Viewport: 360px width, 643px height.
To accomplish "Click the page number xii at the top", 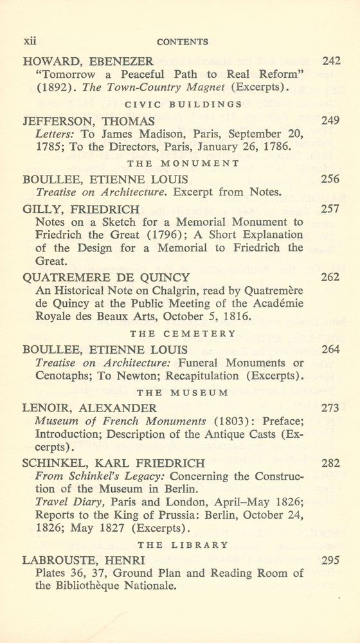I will coord(30,41).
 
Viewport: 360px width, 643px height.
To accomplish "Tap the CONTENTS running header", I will coord(183,42).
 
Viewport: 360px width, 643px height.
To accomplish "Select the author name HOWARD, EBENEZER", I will coord(87,62).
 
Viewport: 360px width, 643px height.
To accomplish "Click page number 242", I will coord(330,62).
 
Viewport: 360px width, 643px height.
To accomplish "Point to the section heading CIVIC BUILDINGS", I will coord(183,104).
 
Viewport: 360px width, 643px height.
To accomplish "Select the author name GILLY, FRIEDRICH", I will coord(80,209).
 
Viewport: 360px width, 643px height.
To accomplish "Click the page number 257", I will coord(330,209).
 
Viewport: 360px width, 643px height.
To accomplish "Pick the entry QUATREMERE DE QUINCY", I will coord(106,278).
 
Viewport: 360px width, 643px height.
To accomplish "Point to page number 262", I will coord(330,278).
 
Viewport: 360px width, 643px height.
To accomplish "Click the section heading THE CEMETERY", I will coord(183,334).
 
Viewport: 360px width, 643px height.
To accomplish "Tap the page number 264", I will coord(330,350).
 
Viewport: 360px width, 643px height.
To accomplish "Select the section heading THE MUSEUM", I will coord(183,392).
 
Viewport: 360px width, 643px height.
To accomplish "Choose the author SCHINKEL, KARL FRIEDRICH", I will coord(114,463).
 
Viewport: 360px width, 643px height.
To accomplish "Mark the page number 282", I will coord(330,463).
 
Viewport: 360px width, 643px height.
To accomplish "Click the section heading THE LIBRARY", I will coord(183,545).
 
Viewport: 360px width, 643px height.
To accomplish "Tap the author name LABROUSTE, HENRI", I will coord(84,560).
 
